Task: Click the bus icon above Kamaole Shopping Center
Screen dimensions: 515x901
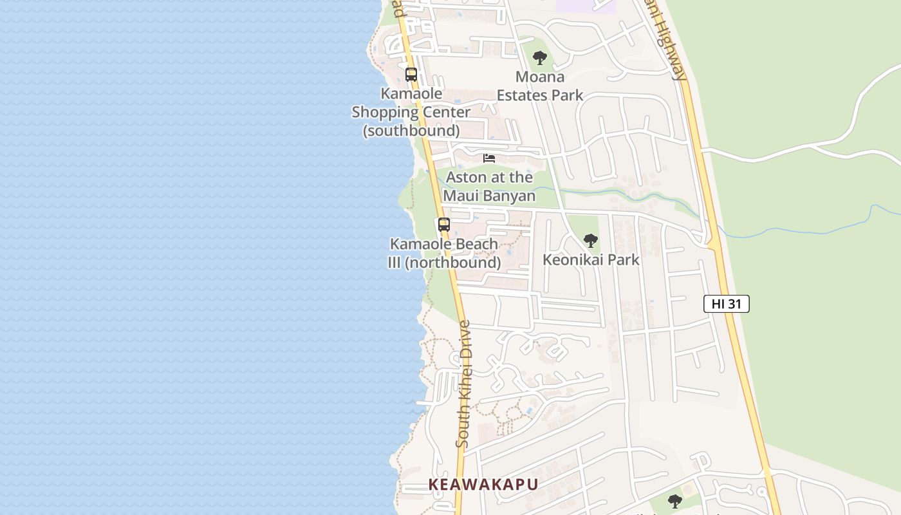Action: coord(411,75)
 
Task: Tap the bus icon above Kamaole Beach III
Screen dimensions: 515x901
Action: coord(444,225)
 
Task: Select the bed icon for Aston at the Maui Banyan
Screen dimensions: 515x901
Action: coord(489,158)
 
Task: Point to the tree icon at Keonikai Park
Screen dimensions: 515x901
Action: coord(590,241)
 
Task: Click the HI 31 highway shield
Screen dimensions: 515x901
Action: coord(726,304)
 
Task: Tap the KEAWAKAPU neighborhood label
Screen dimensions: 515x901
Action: coord(483,484)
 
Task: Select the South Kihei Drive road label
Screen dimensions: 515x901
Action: coord(463,384)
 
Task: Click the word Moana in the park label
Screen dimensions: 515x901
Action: coord(540,77)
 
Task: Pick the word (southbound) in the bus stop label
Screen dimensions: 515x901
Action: coord(411,131)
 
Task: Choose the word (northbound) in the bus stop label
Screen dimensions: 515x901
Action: coord(453,263)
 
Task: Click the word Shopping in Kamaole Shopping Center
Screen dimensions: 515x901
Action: coord(385,112)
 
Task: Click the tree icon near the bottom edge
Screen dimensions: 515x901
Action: coord(674,501)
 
